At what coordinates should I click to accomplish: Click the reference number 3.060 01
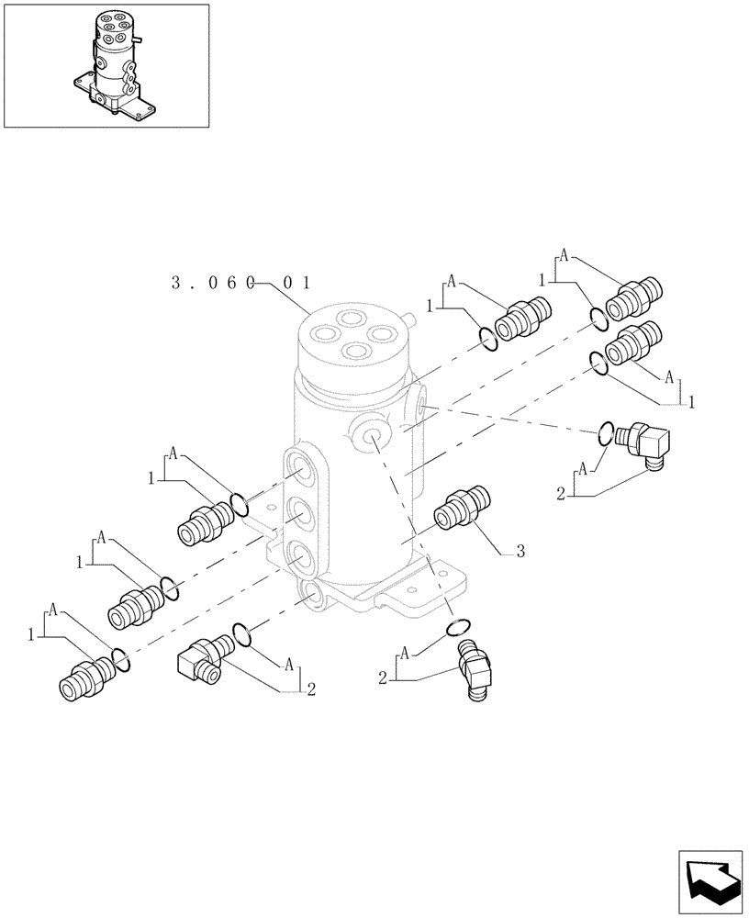click(x=241, y=284)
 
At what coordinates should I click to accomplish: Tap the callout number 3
click(x=520, y=552)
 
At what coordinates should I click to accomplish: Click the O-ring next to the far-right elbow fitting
click(x=606, y=431)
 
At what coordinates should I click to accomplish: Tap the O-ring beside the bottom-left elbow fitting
click(x=242, y=633)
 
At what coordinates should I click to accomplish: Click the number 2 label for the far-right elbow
click(x=560, y=495)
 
